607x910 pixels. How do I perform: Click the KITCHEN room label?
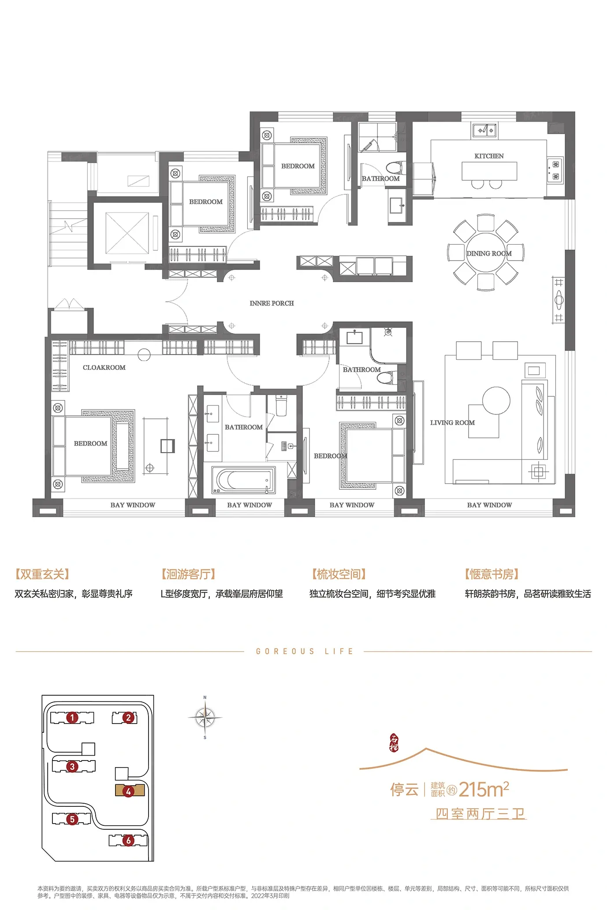[489, 156]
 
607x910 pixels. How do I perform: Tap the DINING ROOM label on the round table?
[489, 254]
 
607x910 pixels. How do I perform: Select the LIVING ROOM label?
[452, 422]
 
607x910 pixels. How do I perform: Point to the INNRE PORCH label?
[272, 303]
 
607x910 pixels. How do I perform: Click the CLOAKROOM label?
[104, 367]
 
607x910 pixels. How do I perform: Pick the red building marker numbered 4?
[128, 791]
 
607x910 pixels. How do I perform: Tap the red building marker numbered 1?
[72, 718]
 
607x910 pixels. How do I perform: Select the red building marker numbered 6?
[128, 840]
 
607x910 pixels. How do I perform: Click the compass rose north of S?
[205, 718]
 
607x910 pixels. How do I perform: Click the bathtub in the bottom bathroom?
[243, 480]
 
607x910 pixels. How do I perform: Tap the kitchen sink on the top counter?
[484, 131]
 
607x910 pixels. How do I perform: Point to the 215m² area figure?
[484, 789]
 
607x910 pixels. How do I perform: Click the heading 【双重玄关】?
[42, 574]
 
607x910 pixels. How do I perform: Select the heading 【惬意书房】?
[492, 574]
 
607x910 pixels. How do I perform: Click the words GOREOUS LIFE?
[305, 652]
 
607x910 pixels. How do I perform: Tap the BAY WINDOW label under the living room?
[489, 505]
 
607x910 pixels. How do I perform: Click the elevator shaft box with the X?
[127, 233]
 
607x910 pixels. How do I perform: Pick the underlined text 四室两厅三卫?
[480, 814]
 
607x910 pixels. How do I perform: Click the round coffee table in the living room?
[496, 400]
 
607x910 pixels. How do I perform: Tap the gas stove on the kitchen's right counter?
[555, 171]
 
